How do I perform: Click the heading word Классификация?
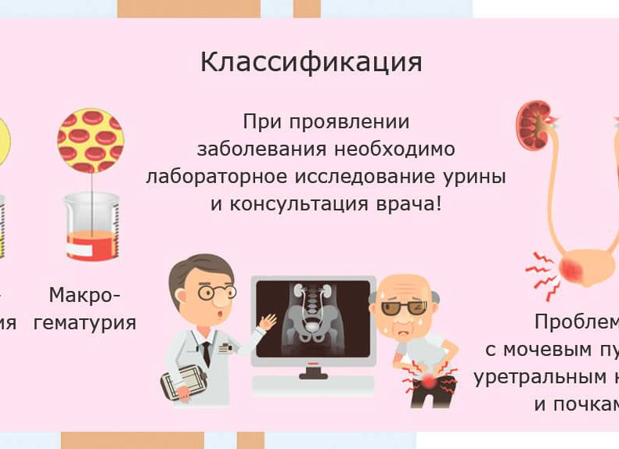coord(311,63)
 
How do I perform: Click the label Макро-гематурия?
coord(85,309)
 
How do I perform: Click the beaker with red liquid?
coord(92,226)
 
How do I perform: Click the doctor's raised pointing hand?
coord(267,322)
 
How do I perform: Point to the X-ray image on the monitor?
coord(313,316)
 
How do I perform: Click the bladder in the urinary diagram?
coord(583,267)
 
